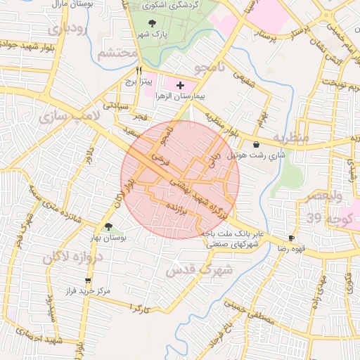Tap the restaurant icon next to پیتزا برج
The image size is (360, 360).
click(x=139, y=70)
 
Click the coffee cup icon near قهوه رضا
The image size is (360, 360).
click(x=292, y=238)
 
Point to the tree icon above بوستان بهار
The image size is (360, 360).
click(x=108, y=226)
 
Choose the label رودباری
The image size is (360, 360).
click(x=68, y=30)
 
